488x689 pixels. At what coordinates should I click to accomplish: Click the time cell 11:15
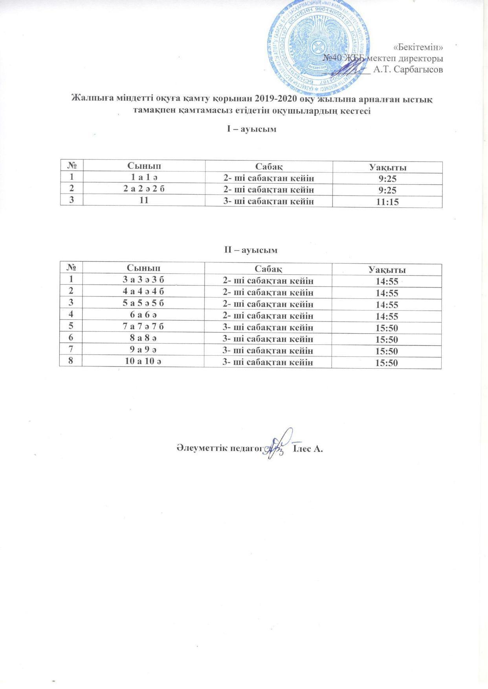(387, 202)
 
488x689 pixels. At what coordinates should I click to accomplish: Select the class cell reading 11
(144, 200)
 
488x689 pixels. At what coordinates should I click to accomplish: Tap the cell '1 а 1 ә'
(144, 178)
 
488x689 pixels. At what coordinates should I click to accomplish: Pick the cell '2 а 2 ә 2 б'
(144, 189)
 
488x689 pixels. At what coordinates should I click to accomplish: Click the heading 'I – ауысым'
(252, 129)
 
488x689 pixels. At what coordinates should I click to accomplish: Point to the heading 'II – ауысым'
(251, 250)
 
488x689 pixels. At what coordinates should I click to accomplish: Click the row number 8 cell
(71, 362)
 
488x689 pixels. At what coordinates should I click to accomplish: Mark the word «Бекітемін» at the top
(418, 47)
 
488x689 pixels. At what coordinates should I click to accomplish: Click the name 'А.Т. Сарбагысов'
(409, 70)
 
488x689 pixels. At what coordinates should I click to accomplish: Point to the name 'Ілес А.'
(308, 449)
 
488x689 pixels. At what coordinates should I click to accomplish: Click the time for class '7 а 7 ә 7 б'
(387, 328)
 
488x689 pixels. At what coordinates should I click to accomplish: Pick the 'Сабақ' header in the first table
(269, 166)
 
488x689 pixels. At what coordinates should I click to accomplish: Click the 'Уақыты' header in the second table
(387, 270)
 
